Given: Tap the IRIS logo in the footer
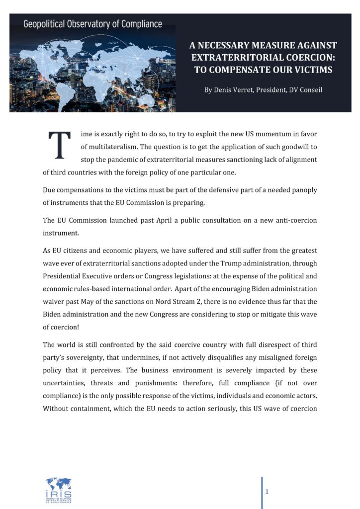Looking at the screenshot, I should coord(59,488).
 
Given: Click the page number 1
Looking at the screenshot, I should coord(267,492).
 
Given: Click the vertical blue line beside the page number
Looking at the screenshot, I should coord(262,492).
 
